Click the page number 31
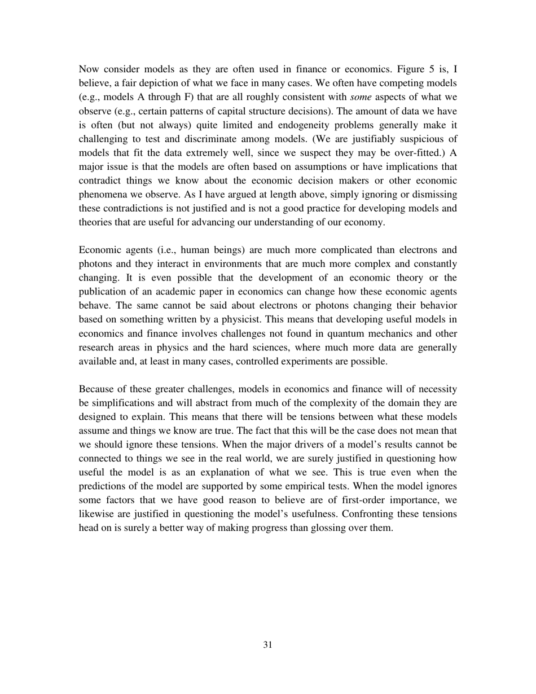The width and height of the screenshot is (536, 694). coord(268,645)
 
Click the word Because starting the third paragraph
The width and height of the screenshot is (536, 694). coord(96,389)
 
